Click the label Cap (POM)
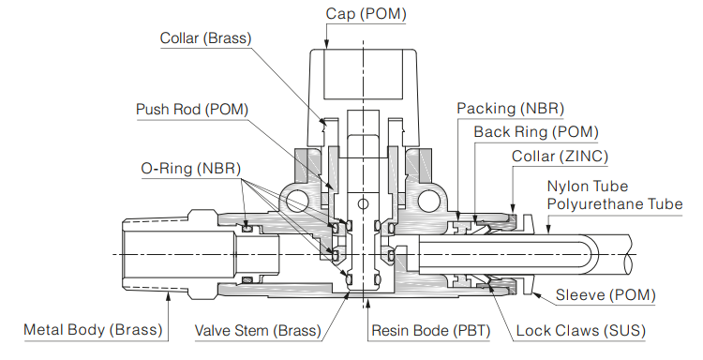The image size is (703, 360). coord(366,14)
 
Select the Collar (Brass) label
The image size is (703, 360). coord(206,38)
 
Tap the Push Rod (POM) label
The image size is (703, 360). coord(192,110)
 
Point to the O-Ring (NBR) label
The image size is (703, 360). coord(191,169)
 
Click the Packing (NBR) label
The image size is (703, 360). coord(510,109)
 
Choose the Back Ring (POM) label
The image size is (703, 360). coord(536,132)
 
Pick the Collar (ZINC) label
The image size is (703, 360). coord(560,157)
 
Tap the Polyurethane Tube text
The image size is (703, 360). coord(615,204)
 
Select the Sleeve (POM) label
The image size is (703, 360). coord(606,295)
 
